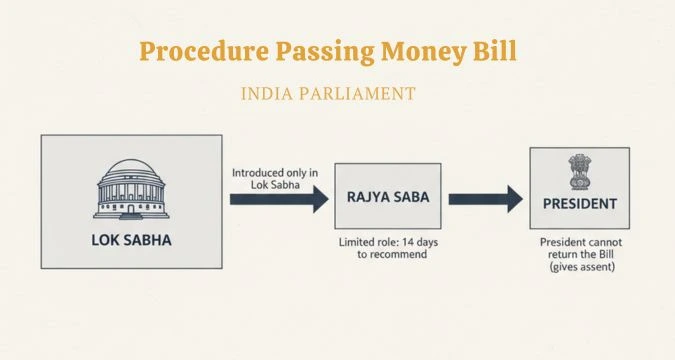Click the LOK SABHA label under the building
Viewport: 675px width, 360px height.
[x=132, y=240]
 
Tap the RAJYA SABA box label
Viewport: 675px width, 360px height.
[x=388, y=198]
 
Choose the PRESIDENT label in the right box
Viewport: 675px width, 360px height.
[x=579, y=204]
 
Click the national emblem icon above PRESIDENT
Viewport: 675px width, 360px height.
[x=579, y=171]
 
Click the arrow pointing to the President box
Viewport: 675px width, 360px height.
[x=486, y=198]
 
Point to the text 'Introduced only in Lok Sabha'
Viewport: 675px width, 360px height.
[x=275, y=179]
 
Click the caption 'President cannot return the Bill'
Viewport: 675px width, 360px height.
[x=579, y=249]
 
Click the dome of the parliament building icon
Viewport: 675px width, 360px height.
[x=132, y=168]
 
